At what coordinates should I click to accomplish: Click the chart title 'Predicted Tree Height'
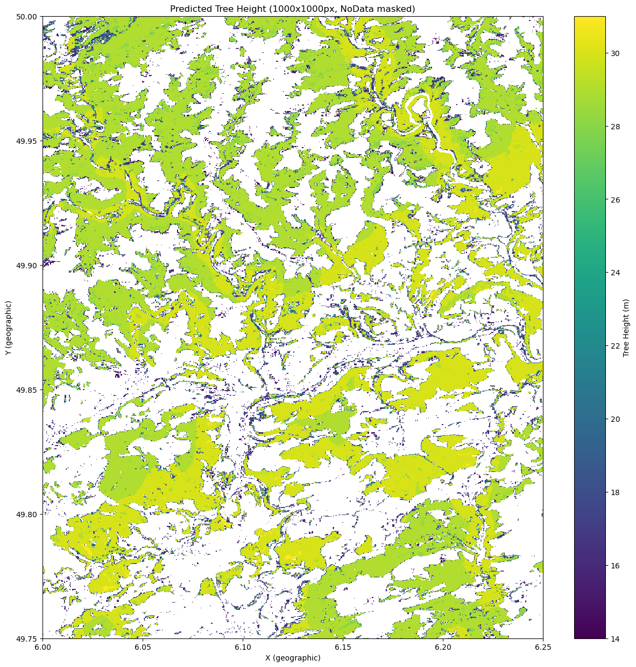(x=292, y=9)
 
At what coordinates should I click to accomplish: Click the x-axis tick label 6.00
(x=43, y=647)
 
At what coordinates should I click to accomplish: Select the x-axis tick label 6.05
(x=143, y=647)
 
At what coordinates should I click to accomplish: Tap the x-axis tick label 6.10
(x=243, y=647)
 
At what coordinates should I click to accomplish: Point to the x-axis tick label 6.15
(x=343, y=647)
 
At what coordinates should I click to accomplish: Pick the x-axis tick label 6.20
(x=443, y=647)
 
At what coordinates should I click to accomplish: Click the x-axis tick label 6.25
(x=543, y=647)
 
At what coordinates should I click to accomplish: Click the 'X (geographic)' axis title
(x=292, y=658)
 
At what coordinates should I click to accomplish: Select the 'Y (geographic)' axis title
(x=8, y=328)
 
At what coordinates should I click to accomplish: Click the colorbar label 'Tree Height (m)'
(x=626, y=328)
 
